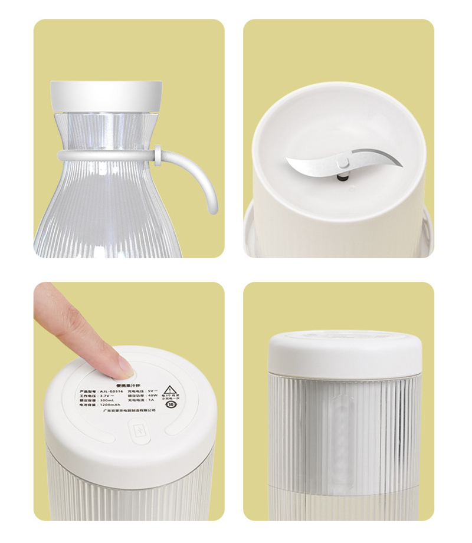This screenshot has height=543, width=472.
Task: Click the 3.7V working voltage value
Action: [105, 395]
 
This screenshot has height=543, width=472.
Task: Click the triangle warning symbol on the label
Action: [171, 391]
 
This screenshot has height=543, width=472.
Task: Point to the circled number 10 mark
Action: [171, 405]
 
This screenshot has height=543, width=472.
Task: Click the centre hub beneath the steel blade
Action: [341, 176]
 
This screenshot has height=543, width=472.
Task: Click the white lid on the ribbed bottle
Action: [106, 96]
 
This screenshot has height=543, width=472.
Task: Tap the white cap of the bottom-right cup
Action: [345, 350]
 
